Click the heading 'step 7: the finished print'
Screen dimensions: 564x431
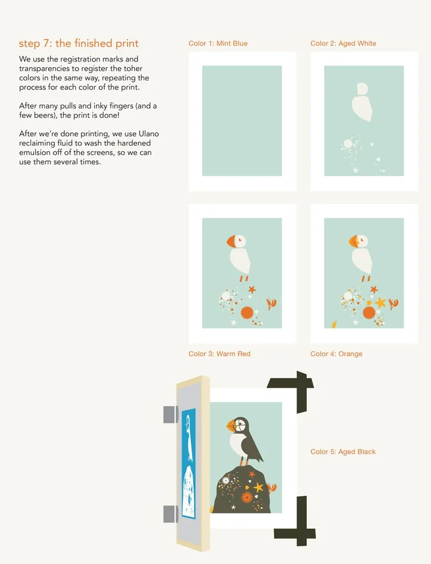click(x=79, y=44)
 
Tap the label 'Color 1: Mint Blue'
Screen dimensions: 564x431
click(x=218, y=44)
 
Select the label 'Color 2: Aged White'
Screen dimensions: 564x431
click(x=343, y=44)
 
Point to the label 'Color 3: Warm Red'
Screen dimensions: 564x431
click(x=220, y=354)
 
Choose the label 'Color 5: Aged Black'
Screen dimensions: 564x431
click(x=343, y=452)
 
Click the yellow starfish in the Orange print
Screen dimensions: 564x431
click(x=380, y=302)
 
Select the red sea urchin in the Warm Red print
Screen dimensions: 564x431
click(x=247, y=312)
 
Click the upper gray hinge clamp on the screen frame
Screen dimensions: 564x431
click(x=170, y=414)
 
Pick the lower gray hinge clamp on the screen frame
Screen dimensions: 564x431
click(x=170, y=513)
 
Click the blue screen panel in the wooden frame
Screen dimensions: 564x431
click(x=188, y=463)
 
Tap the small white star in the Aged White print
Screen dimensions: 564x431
click(x=355, y=170)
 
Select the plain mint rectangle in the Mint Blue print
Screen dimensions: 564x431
click(x=242, y=121)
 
